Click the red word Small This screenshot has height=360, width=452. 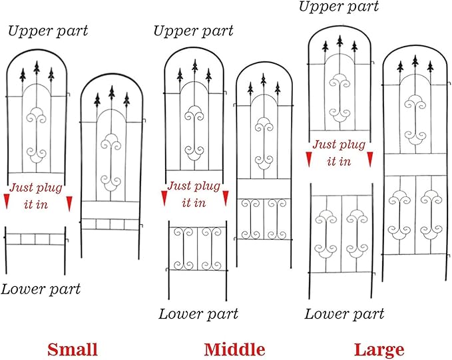pyautogui.click(x=73, y=349)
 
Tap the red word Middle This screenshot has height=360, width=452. pyautogui.click(x=234, y=349)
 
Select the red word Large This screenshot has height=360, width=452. pyautogui.click(x=379, y=350)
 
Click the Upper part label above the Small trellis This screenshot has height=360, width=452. pyautogui.click(x=48, y=31)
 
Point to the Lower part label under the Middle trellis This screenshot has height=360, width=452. pyautogui.click(x=198, y=314)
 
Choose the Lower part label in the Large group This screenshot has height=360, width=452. pyautogui.click(x=344, y=314)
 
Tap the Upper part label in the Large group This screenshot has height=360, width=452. pyautogui.click(x=339, y=7)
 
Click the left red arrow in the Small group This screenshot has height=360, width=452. pyautogui.click(x=7, y=201)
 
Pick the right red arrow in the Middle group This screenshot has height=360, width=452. pyautogui.click(x=226, y=198)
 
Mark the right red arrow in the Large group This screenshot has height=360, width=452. pyautogui.click(x=370, y=160)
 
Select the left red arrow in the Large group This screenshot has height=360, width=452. pyautogui.click(x=309, y=160)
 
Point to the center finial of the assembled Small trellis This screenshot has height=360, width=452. pyautogui.click(x=112, y=92)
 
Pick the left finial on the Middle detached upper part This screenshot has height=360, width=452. pyautogui.click(x=180, y=75)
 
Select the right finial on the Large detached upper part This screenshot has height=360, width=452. pyautogui.click(x=354, y=47)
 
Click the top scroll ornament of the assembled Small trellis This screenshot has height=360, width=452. pyautogui.click(x=111, y=142)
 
